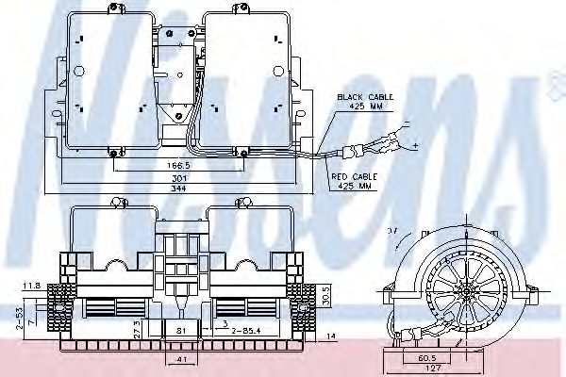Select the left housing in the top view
click(108, 81)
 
